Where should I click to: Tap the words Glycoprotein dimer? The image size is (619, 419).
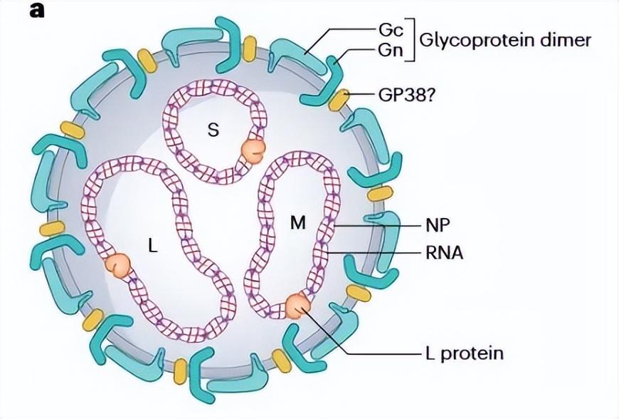click(x=505, y=40)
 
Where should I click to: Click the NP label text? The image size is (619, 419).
click(x=440, y=224)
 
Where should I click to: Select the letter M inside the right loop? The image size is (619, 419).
click(x=297, y=224)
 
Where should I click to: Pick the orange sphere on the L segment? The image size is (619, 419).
click(x=119, y=264)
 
